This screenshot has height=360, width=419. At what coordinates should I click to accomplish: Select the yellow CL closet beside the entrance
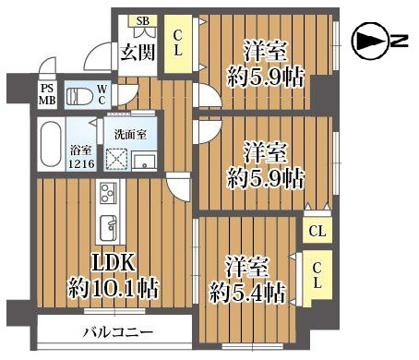(x=179, y=43)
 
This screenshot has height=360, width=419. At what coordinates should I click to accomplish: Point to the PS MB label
(x=46, y=95)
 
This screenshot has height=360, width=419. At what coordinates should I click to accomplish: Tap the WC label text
(x=102, y=94)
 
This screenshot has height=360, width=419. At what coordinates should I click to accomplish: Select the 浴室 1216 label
(x=81, y=156)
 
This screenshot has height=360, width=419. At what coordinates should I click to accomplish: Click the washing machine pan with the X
(x=118, y=161)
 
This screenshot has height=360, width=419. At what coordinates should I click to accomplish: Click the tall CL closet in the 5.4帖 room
(x=316, y=276)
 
